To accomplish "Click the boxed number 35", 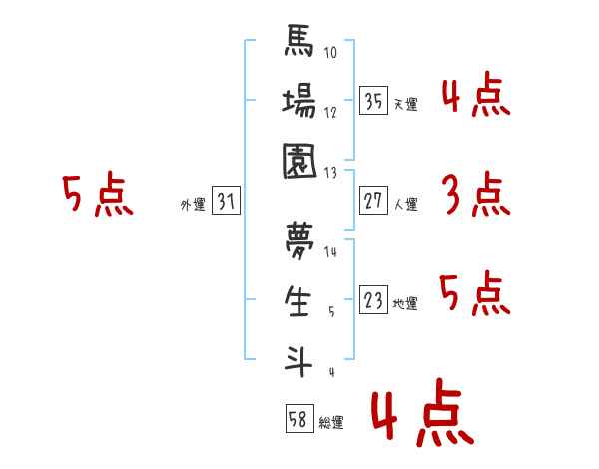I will [x=373, y=101].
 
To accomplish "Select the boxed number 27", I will [x=373, y=201].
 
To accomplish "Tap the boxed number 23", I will [x=373, y=300].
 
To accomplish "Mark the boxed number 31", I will [x=226, y=202].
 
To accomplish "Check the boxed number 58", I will [x=299, y=419].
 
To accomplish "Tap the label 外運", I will [x=192, y=205].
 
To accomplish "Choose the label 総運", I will [x=330, y=422].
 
